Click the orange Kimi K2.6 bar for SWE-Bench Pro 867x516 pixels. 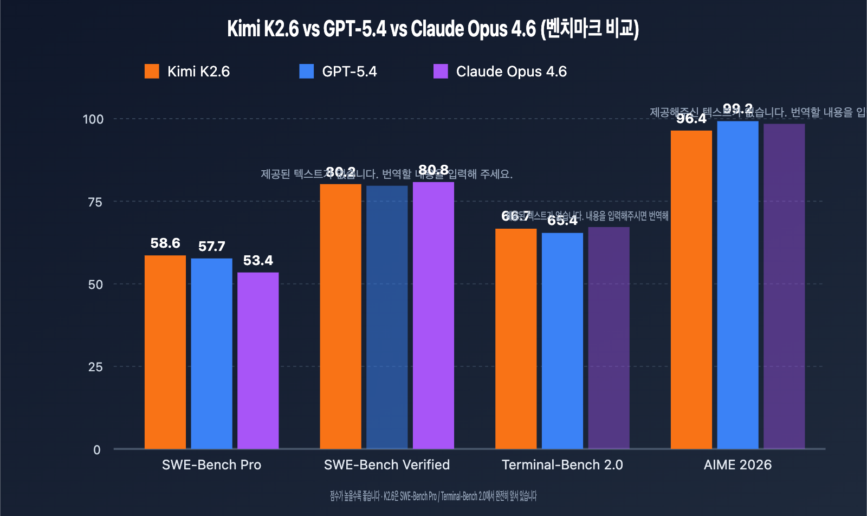pos(165,352)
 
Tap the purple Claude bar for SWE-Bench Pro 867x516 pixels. pos(258,360)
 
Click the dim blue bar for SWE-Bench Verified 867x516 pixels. pos(387,317)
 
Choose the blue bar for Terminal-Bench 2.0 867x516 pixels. pos(562,341)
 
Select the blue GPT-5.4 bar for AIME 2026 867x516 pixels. pos(737,285)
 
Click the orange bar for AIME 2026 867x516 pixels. pos(691,289)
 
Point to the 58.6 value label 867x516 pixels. pos(165,243)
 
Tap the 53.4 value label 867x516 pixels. pos(258,261)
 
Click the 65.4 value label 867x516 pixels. pos(562,221)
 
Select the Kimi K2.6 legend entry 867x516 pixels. pos(187,72)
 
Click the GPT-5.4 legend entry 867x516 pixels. pos(338,72)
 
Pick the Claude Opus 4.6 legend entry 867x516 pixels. pos(500,72)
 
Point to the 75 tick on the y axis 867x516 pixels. pos(95,202)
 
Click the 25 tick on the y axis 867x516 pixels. pos(95,367)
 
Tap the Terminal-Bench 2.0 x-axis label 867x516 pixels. pos(562,465)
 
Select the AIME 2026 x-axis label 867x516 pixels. pos(737,465)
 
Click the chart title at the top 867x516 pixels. pos(433,28)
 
